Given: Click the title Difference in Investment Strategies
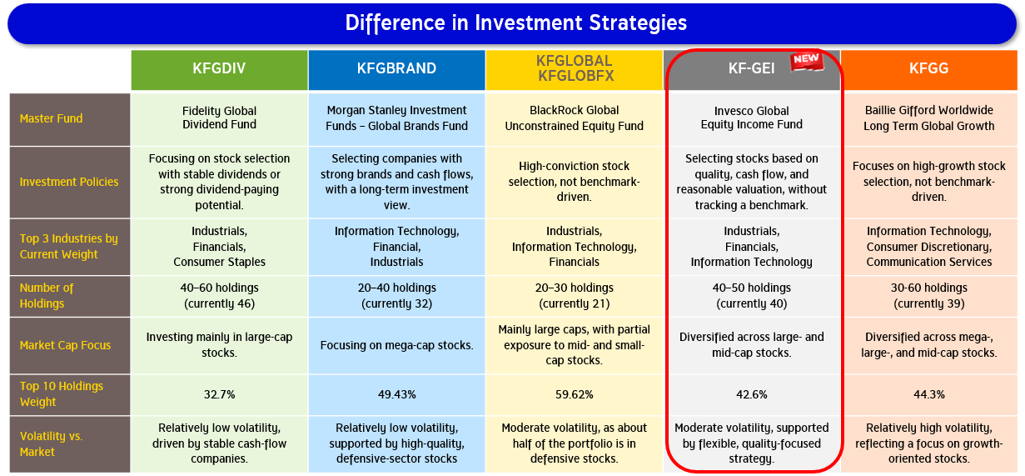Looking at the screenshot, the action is pyautogui.click(x=515, y=23).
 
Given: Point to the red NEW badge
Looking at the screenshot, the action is pyautogui.click(x=807, y=61).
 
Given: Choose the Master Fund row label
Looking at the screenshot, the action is pyautogui.click(x=52, y=118).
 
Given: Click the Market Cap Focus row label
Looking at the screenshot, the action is pyautogui.click(x=65, y=345).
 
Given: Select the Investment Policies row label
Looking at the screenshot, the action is pyautogui.click(x=69, y=182).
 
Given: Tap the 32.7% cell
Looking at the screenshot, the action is pyautogui.click(x=219, y=394).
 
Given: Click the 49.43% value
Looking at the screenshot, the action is pyautogui.click(x=396, y=394).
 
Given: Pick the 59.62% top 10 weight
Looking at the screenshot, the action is pyautogui.click(x=575, y=394).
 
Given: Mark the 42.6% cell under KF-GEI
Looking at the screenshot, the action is pyautogui.click(x=752, y=394).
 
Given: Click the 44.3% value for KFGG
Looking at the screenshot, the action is pyautogui.click(x=929, y=394).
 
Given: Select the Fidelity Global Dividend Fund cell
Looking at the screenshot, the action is pyautogui.click(x=219, y=118).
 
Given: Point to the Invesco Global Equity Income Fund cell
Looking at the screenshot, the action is pyautogui.click(x=752, y=118).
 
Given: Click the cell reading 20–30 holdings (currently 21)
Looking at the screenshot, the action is pyautogui.click(x=575, y=295).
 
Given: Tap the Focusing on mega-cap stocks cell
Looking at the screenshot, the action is pyautogui.click(x=396, y=345).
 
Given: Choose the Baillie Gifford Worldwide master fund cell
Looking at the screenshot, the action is pyautogui.click(x=929, y=118).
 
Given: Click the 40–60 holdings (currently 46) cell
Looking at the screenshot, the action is pyautogui.click(x=219, y=295).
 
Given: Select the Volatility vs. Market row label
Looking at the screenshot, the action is pyautogui.click(x=52, y=444).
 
